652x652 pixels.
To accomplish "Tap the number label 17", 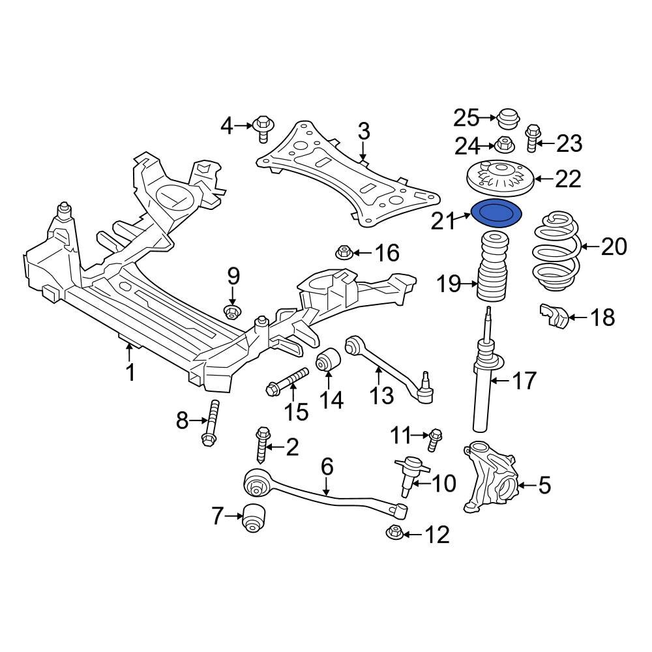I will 524,380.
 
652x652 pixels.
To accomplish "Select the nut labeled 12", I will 394,533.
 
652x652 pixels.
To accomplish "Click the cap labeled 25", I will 507,119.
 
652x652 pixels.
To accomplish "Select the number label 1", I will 130,373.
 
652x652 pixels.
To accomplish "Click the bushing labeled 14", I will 328,362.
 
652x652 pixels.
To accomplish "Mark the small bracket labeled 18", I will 554,318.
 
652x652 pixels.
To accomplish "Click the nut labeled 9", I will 231,311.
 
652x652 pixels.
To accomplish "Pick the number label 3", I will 363,131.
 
